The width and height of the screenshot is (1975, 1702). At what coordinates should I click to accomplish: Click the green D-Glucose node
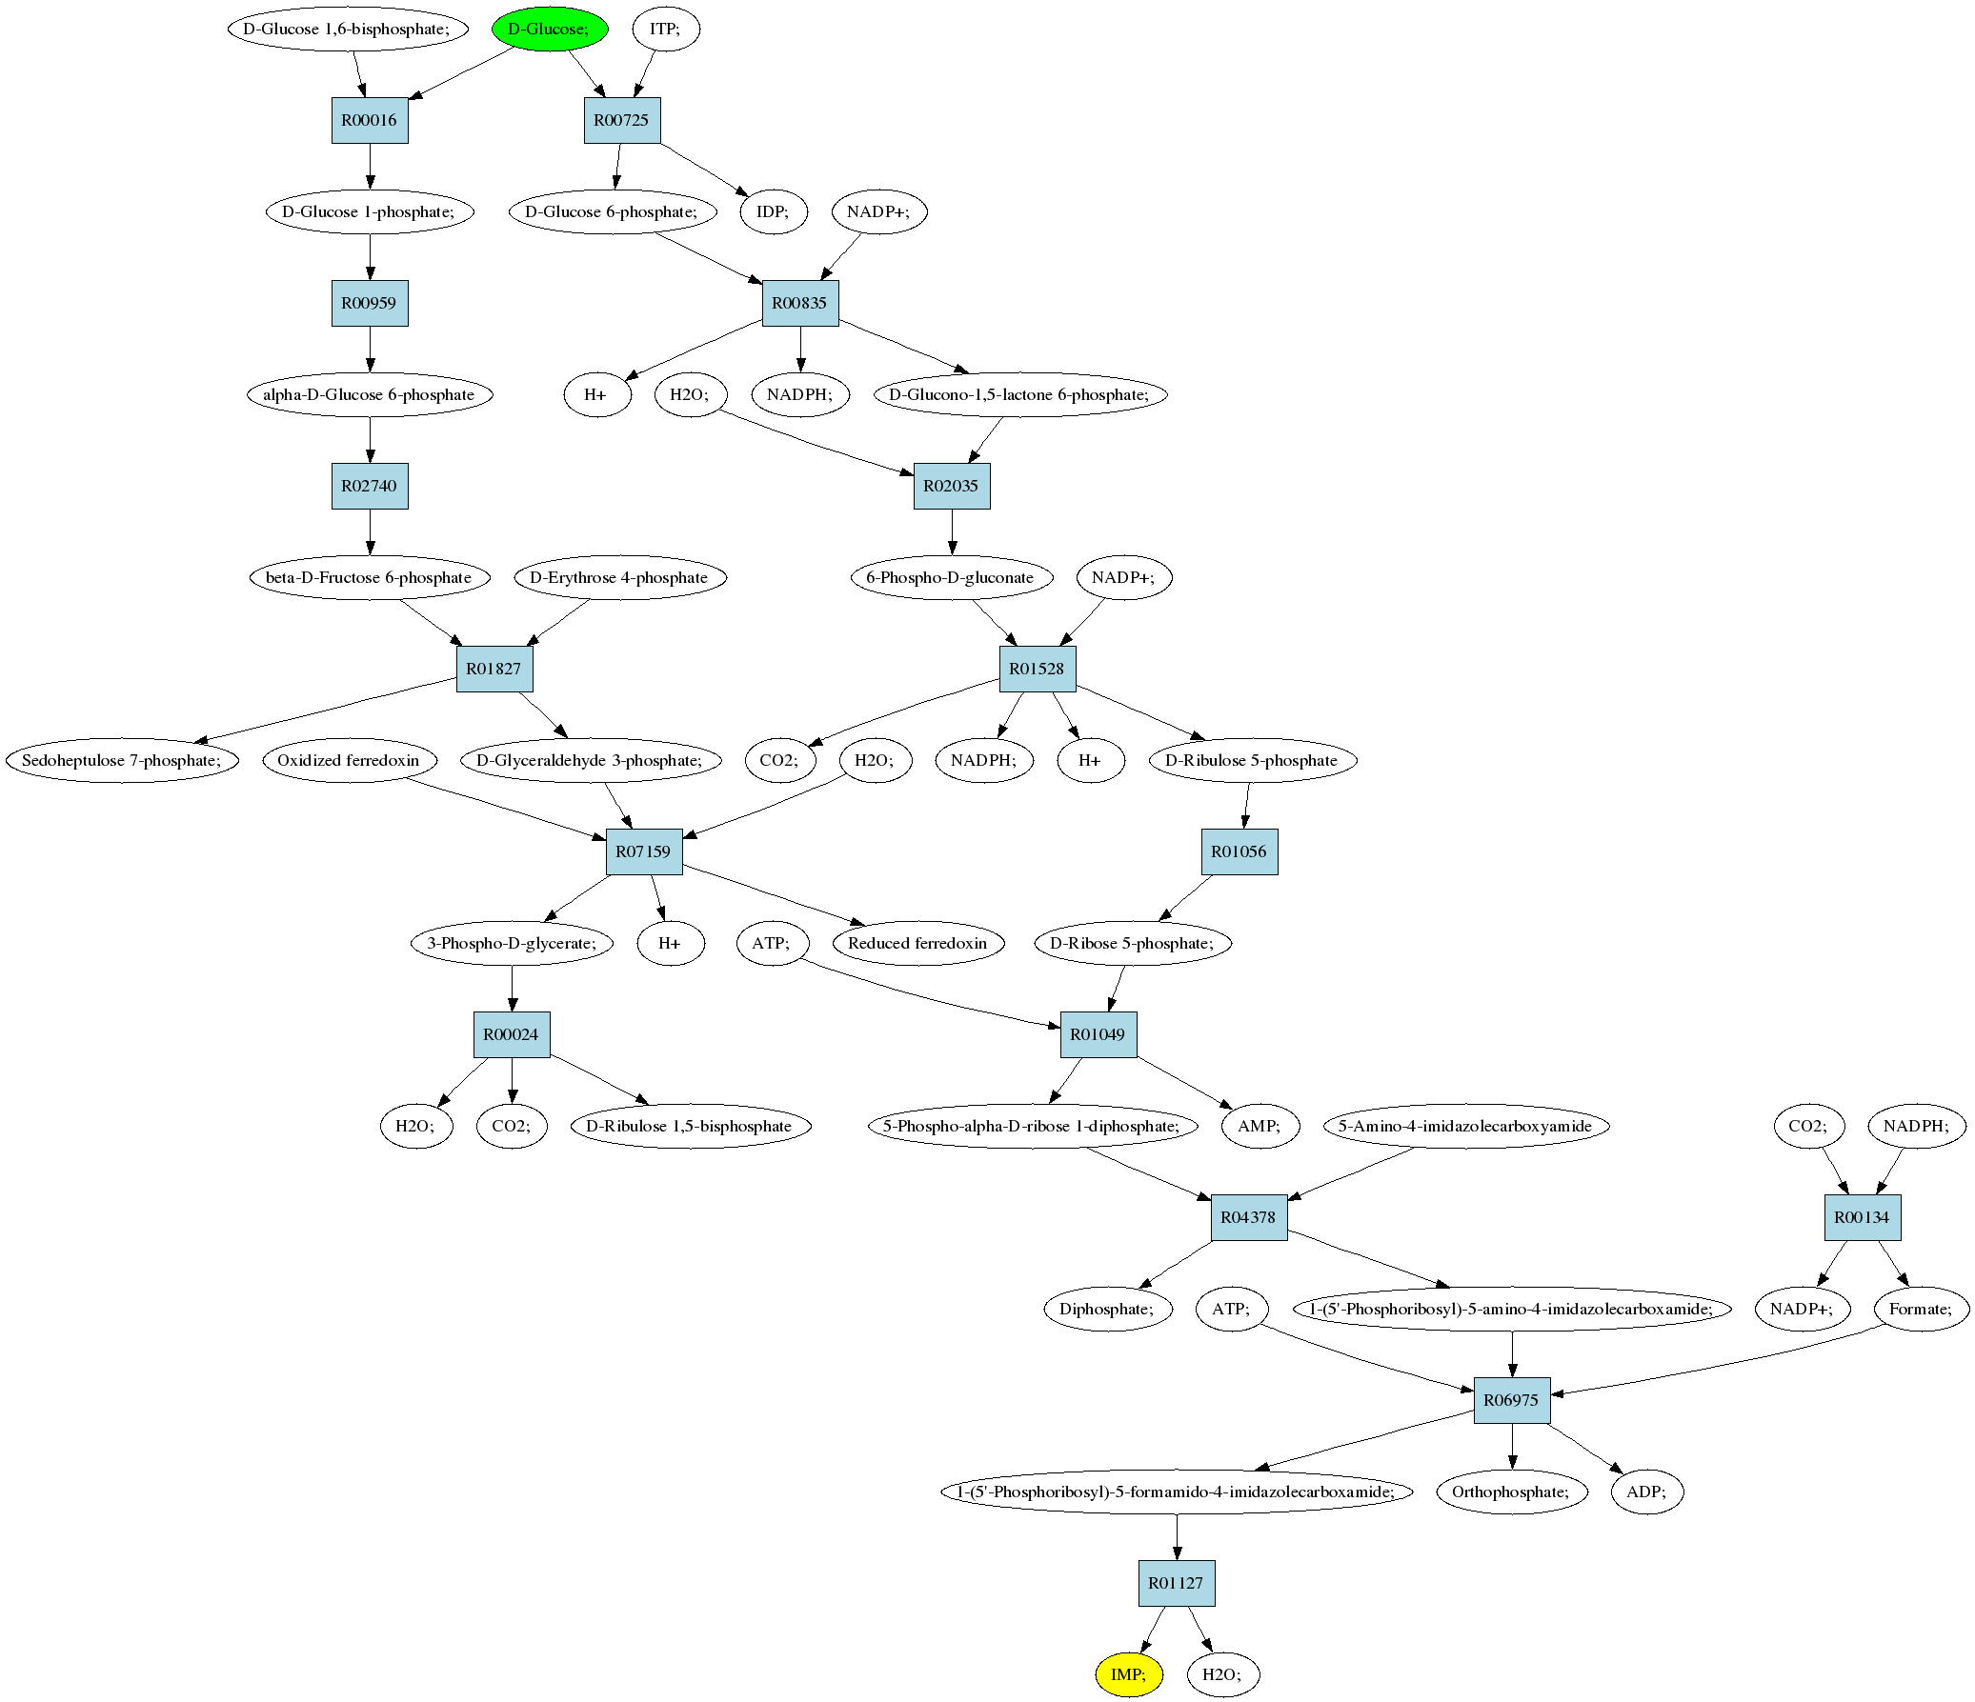pos(549,29)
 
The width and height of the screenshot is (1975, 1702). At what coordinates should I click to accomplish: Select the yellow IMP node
pos(1129,1674)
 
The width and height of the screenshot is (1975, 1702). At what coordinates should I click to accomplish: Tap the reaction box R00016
pos(370,120)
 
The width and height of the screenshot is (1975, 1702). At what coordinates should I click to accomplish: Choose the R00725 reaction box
pos(621,120)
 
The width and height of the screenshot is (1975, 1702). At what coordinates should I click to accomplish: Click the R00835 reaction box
pos(799,303)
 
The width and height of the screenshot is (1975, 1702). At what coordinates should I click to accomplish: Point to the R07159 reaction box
pos(644,852)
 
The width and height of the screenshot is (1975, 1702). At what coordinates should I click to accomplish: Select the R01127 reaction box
pos(1177,1583)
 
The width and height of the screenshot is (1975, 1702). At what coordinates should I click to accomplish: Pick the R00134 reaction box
pos(1863,1218)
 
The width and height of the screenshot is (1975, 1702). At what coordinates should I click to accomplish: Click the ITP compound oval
pos(666,29)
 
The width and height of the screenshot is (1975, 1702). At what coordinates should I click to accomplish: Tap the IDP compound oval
pos(774,211)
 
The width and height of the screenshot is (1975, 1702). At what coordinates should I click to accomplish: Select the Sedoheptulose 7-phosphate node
pos(122,760)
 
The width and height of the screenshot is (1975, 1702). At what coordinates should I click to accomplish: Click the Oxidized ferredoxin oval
pos(349,760)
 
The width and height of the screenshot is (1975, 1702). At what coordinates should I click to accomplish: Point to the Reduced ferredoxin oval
pos(917,944)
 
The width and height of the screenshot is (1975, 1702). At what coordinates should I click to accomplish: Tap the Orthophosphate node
pos(1512,1492)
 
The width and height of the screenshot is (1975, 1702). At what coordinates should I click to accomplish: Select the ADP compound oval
pos(1647,1492)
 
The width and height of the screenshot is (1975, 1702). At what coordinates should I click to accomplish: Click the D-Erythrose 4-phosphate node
pos(619,577)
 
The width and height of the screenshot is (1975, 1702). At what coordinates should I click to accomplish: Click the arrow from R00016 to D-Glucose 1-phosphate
pos(370,167)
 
